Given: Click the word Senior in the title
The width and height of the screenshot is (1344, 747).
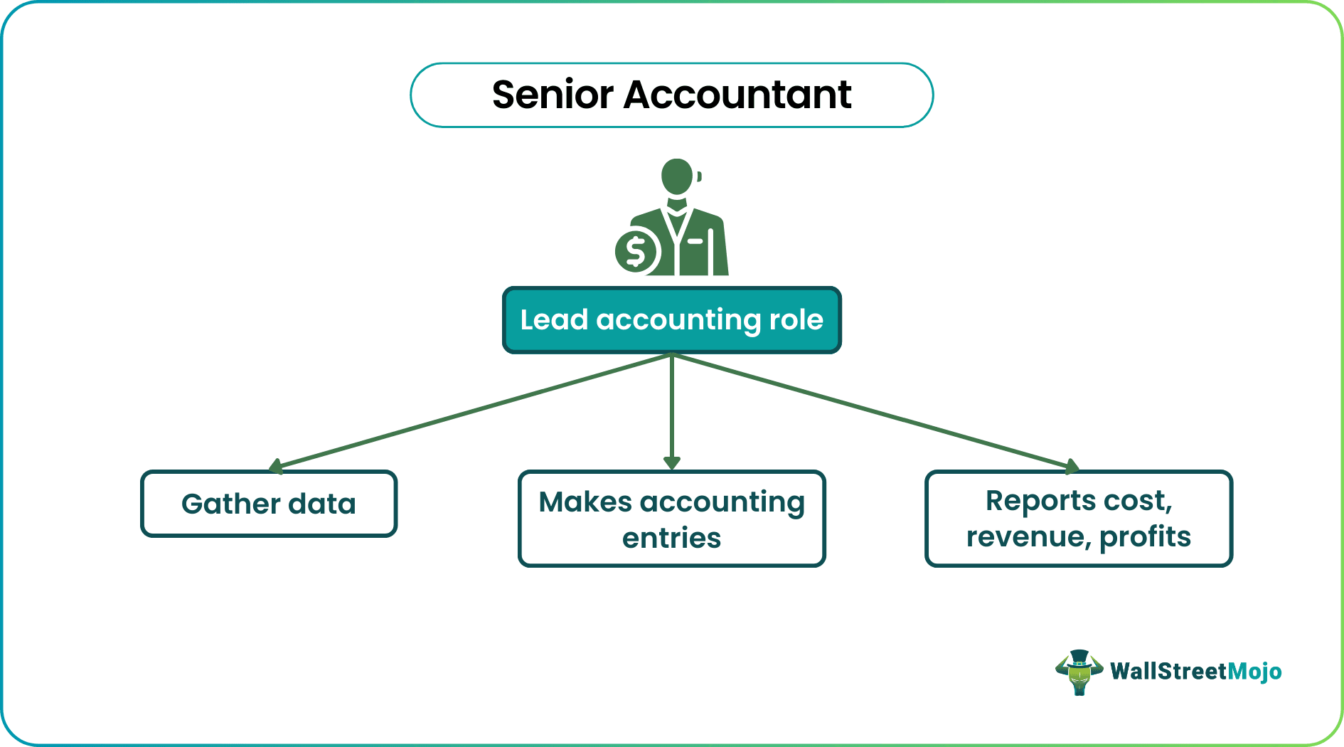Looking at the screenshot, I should tap(552, 95).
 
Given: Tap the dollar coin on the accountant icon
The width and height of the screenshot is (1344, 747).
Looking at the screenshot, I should tap(636, 250).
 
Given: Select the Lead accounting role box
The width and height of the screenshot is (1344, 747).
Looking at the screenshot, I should tap(671, 320).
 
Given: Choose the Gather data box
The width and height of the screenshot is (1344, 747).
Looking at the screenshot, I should tap(269, 504).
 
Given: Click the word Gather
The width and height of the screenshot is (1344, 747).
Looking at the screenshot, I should tap(230, 504).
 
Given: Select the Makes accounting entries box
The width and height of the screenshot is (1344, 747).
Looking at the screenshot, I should tap(671, 519).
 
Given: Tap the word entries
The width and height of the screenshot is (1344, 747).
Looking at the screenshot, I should tap(671, 538).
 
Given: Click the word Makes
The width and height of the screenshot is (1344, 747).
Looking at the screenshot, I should tap(585, 502).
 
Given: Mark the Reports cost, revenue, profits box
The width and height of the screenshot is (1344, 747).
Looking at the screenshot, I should tap(1078, 519).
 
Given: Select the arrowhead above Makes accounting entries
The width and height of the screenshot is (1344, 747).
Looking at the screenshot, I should tap(671, 463).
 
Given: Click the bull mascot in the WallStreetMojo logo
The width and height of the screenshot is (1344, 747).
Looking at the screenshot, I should tap(1079, 672).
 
